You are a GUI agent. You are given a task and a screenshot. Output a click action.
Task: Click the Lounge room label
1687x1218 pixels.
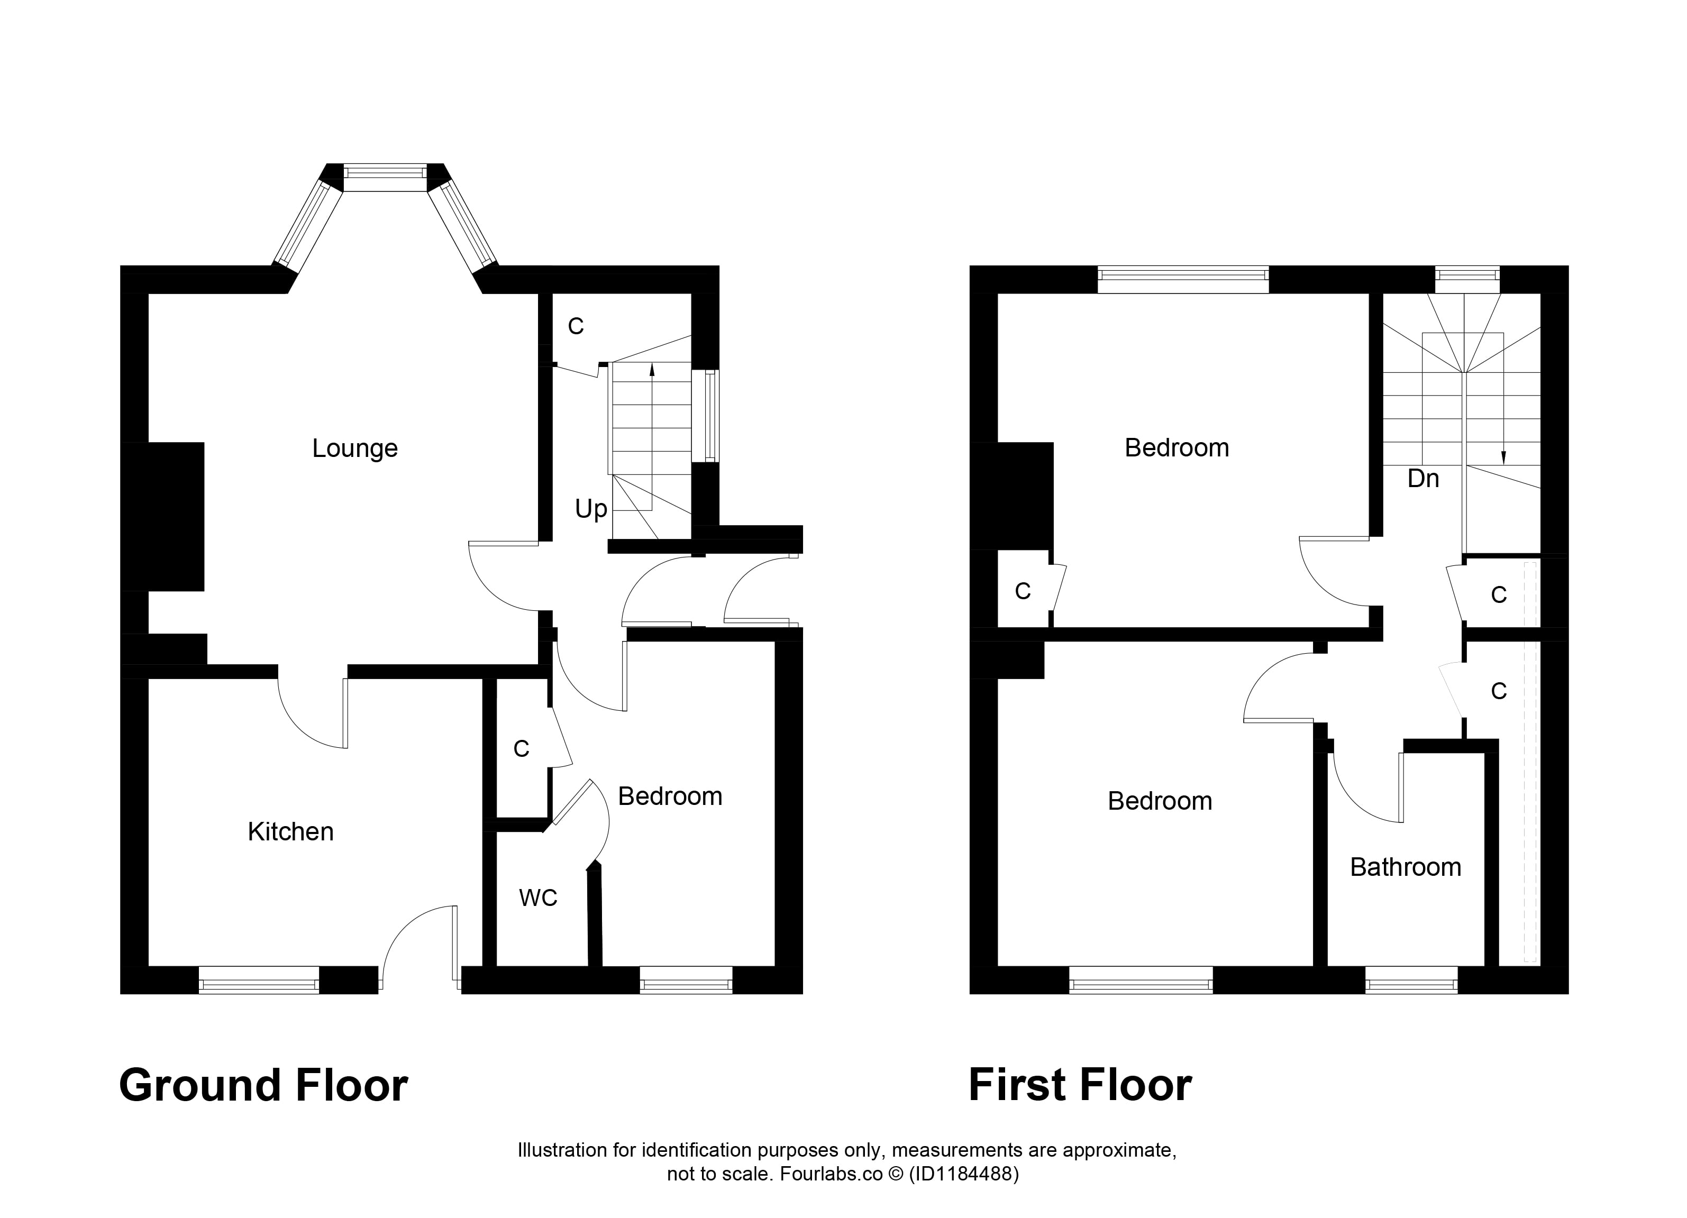[355, 448]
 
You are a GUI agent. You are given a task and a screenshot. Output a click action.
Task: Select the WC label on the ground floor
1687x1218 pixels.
[538, 898]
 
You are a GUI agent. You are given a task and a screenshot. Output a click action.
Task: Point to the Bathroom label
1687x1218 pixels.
[1405, 867]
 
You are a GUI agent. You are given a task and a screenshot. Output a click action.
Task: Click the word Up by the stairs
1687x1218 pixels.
[591, 509]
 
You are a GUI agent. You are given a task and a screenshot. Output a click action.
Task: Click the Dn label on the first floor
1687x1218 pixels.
[1423, 479]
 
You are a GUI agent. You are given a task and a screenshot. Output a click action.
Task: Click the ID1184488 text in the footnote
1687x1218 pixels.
[963, 1174]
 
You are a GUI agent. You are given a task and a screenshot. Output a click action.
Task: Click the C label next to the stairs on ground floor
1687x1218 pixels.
[576, 326]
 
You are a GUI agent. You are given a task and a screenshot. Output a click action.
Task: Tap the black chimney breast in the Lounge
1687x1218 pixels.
[163, 517]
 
